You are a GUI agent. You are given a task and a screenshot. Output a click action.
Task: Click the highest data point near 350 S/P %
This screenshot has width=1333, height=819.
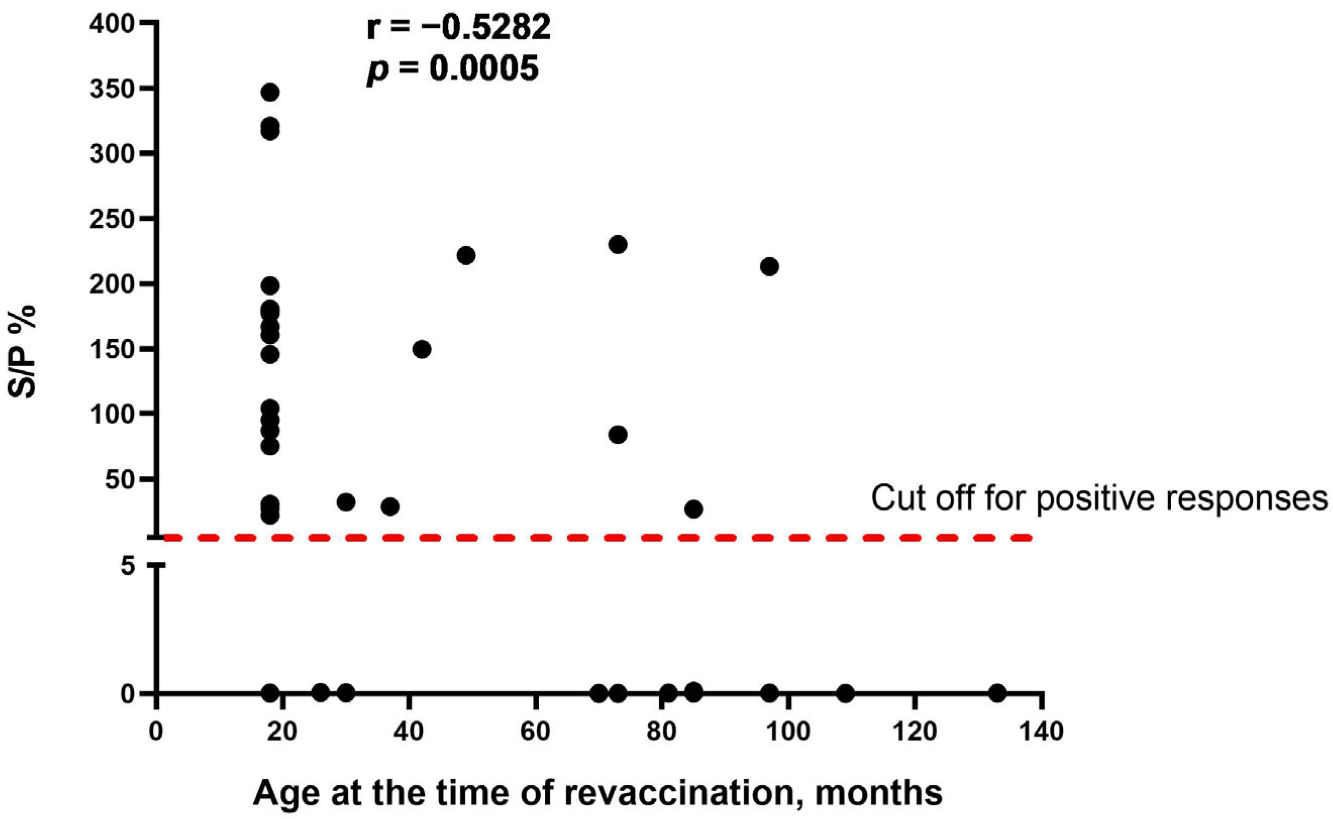pyautogui.click(x=270, y=92)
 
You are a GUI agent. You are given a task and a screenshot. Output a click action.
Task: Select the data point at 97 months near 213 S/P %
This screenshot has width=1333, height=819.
pyautogui.click(x=769, y=266)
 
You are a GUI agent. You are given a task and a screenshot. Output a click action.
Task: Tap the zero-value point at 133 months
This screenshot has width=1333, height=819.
pyautogui.click(x=997, y=692)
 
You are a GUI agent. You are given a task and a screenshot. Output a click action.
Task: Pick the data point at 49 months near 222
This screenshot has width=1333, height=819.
pyautogui.click(x=466, y=256)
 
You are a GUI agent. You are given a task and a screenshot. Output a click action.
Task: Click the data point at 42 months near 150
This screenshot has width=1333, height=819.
pyautogui.click(x=422, y=349)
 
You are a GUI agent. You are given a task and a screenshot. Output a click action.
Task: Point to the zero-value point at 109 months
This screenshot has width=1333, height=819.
pyautogui.click(x=845, y=693)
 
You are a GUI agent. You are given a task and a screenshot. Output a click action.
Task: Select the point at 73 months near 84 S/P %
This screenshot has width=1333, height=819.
pyautogui.click(x=618, y=434)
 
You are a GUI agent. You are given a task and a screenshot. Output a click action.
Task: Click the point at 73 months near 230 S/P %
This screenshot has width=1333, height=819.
pyautogui.click(x=618, y=245)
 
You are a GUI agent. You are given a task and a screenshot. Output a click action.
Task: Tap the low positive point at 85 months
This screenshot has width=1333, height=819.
pyautogui.click(x=694, y=509)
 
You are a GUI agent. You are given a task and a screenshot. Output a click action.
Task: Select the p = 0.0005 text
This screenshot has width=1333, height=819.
pyautogui.click(x=453, y=69)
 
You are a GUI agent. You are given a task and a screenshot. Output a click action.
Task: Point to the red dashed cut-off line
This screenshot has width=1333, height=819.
pyautogui.click(x=596, y=538)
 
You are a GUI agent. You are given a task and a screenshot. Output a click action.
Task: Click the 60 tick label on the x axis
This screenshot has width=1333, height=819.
pyautogui.click(x=535, y=732)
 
